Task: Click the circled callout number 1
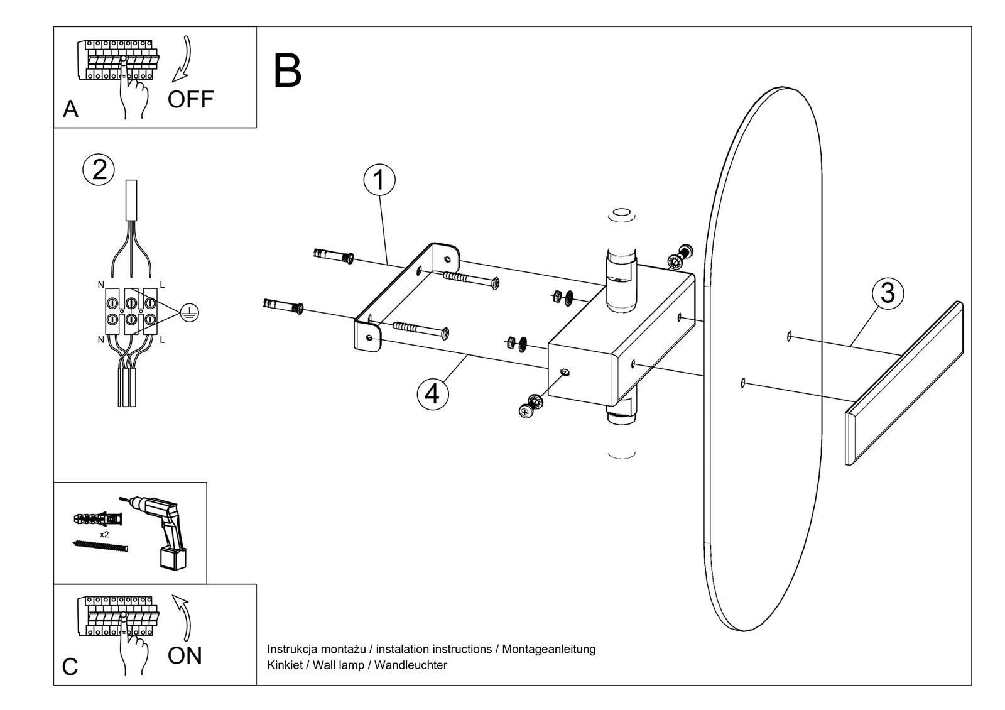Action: (379, 180)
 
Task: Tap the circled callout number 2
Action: (99, 170)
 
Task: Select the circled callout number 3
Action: (887, 293)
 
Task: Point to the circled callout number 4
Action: (433, 394)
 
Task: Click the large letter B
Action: (288, 71)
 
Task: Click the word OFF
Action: (190, 99)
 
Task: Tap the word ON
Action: (185, 656)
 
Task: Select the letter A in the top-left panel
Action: (70, 109)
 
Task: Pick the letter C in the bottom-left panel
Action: (70, 667)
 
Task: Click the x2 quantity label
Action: (104, 535)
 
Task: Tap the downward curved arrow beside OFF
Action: (183, 60)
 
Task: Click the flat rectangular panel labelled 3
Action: (905, 383)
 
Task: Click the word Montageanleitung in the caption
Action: (548, 649)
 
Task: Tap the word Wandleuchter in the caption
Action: (411, 665)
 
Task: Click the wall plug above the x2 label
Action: (99, 520)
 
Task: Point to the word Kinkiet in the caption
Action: (284, 665)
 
